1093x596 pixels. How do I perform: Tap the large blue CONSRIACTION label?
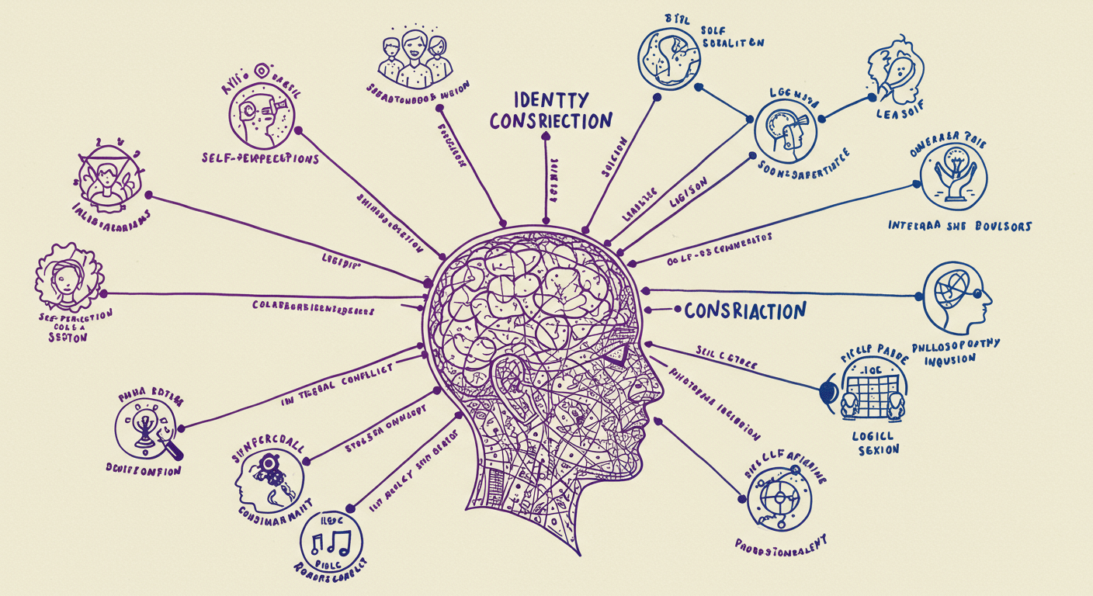click(745, 311)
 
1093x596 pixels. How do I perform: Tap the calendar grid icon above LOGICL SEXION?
click(871, 393)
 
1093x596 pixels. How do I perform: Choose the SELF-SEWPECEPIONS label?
click(259, 159)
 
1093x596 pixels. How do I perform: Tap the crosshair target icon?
click(778, 494)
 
